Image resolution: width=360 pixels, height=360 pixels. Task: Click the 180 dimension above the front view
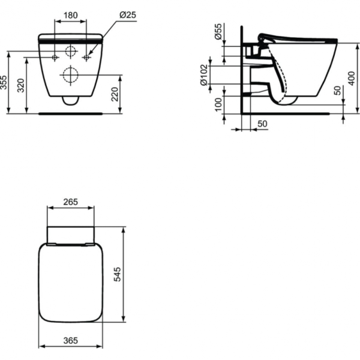point(71,14)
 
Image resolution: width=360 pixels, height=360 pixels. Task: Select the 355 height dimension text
point(5,82)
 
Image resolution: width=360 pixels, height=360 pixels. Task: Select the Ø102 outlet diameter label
point(205,75)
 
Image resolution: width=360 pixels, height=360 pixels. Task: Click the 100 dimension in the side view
point(218,106)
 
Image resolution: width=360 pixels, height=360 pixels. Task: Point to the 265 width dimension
point(71,202)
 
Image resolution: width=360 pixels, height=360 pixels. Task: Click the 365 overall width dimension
point(71,341)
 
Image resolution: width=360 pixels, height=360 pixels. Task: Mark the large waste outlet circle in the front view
point(70,75)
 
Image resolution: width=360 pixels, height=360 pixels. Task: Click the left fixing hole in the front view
point(55,58)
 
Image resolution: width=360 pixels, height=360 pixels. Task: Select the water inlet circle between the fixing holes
point(70,51)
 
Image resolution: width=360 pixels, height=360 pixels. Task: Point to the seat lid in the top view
point(71,282)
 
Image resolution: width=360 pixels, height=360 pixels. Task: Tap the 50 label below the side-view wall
point(262,123)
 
